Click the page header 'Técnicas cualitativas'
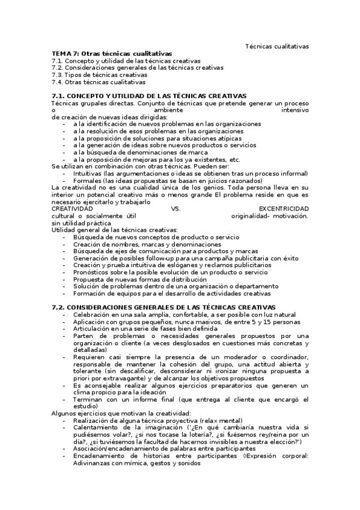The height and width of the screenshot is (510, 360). coord(277,46)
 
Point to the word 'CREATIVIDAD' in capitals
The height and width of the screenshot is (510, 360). coord(72,208)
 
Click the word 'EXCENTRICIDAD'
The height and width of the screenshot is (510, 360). coord(284,208)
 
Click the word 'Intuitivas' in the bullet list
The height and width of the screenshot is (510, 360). coord(88,173)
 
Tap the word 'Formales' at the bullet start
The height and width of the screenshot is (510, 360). coord(87,180)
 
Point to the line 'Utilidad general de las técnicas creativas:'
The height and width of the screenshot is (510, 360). coord(115,230)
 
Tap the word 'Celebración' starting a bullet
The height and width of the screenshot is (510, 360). coord(92,315)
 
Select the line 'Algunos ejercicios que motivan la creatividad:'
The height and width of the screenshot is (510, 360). coord(121,414)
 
